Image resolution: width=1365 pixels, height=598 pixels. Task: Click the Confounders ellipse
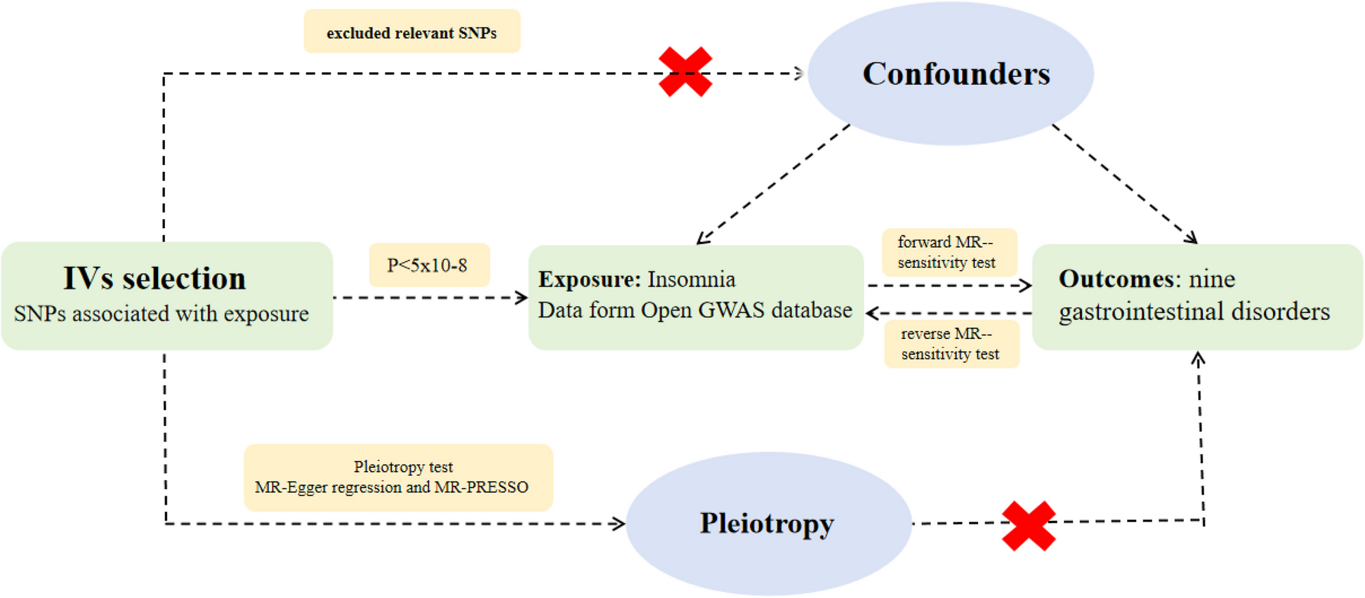[950, 73]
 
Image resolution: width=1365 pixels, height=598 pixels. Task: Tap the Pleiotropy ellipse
[768, 524]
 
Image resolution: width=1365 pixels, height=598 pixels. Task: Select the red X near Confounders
[685, 72]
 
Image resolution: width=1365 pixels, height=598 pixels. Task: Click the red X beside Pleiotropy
[1029, 526]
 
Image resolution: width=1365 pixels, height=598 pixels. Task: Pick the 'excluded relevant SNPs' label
[411, 32]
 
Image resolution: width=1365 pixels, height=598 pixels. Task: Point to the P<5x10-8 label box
[429, 265]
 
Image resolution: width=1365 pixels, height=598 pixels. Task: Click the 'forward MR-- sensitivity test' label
[949, 252]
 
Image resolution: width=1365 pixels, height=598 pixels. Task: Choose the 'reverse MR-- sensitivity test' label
[951, 344]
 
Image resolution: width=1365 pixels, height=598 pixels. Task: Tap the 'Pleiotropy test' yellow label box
[398, 477]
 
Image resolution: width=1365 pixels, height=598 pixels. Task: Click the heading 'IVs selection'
[154, 278]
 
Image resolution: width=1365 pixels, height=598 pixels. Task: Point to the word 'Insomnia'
[692, 279]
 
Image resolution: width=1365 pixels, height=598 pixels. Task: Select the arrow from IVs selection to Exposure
[430, 298]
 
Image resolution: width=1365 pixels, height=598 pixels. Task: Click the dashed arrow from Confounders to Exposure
[773, 185]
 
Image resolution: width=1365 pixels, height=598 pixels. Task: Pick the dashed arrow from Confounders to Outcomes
[1124, 184]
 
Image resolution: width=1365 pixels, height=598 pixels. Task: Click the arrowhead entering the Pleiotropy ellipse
[619, 524]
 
